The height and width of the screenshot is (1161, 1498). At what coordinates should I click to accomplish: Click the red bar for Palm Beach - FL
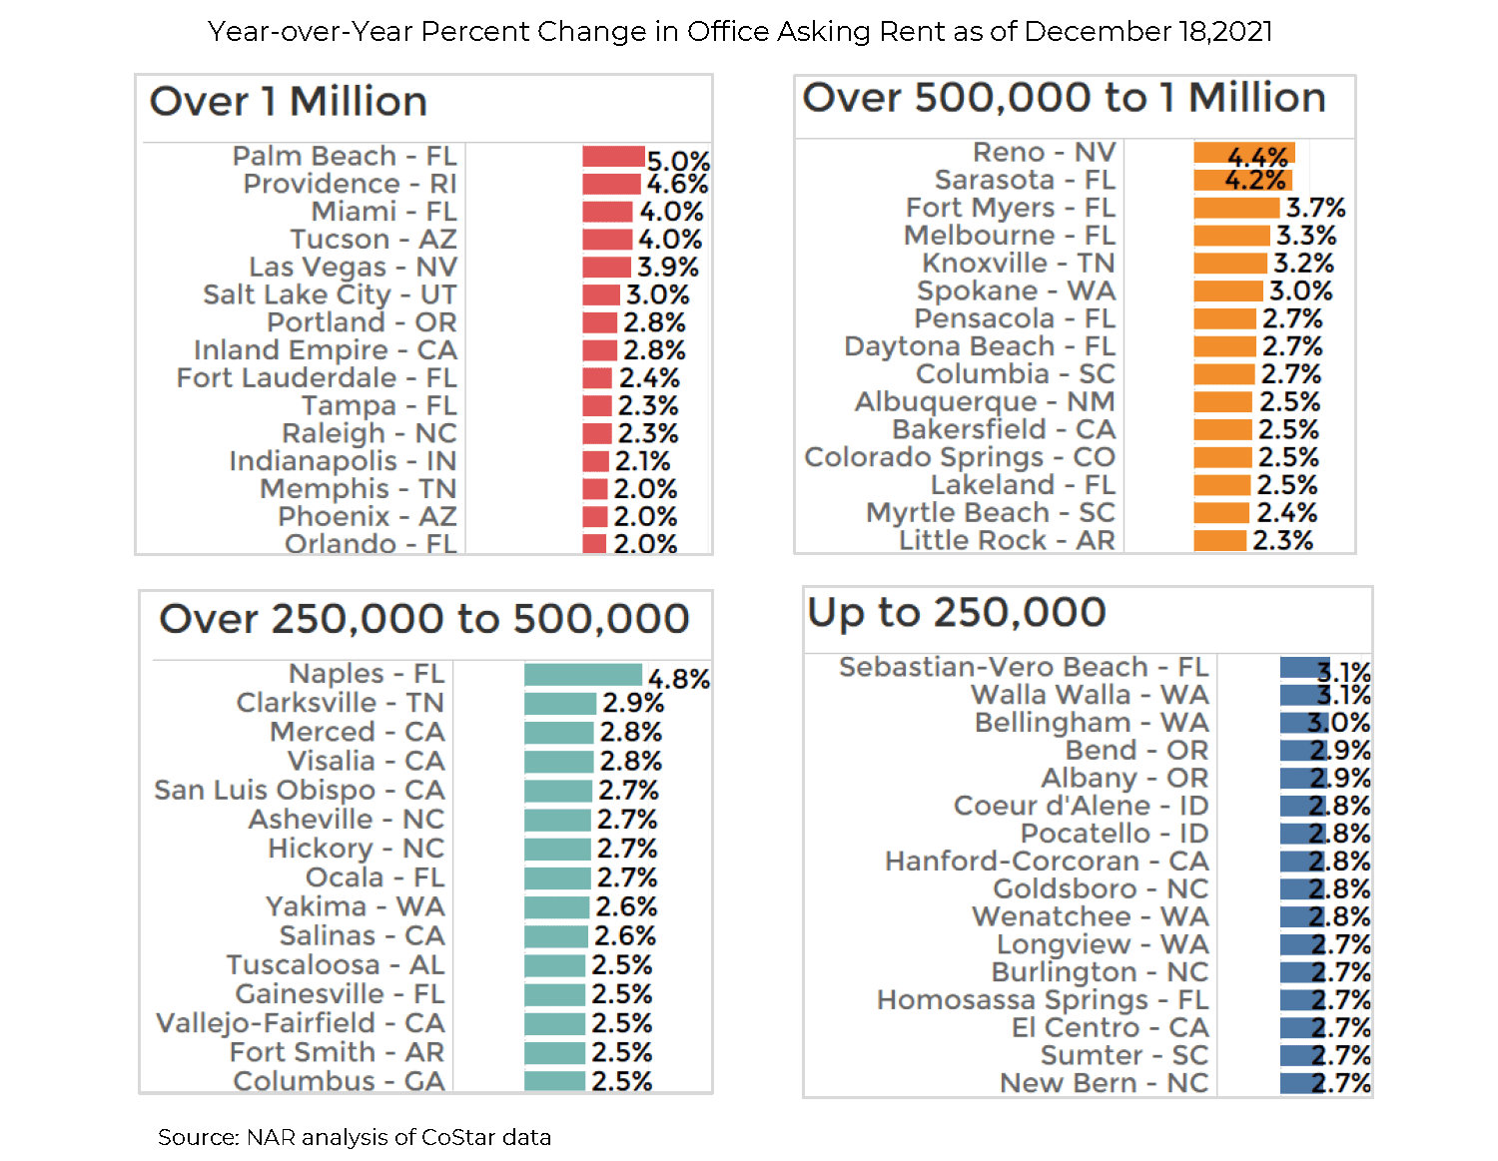(613, 157)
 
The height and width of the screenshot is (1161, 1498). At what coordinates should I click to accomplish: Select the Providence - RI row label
(350, 185)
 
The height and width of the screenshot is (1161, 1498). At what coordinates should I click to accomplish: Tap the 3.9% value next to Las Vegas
(668, 268)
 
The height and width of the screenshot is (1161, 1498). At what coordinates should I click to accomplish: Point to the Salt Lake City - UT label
(330, 295)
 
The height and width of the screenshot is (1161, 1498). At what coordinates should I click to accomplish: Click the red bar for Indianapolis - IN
(596, 461)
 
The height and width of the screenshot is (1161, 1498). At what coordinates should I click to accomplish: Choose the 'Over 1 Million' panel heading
(289, 102)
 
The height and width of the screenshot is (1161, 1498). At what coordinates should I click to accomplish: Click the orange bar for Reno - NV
(1243, 153)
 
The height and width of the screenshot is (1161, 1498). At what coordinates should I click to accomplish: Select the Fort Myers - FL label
(1010, 208)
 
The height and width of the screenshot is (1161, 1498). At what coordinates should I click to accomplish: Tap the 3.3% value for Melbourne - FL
(1306, 236)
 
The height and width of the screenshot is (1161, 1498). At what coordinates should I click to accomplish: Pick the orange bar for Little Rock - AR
(1219, 541)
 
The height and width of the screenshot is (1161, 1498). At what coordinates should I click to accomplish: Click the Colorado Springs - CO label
(960, 457)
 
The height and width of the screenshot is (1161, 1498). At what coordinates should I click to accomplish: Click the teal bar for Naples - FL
(583, 675)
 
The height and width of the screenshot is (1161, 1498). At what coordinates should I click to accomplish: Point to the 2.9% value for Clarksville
(633, 703)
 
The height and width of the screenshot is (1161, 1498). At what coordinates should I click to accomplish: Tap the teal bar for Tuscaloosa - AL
(554, 965)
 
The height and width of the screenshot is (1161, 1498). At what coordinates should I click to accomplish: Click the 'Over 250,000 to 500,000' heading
(424, 619)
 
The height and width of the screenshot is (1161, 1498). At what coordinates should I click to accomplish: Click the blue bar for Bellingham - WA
(1304, 723)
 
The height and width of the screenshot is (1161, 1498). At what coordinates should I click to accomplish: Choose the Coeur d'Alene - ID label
(1081, 806)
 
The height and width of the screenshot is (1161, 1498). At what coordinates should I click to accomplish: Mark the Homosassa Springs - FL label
(1042, 1000)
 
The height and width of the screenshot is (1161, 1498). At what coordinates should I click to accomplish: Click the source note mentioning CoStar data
(355, 1137)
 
